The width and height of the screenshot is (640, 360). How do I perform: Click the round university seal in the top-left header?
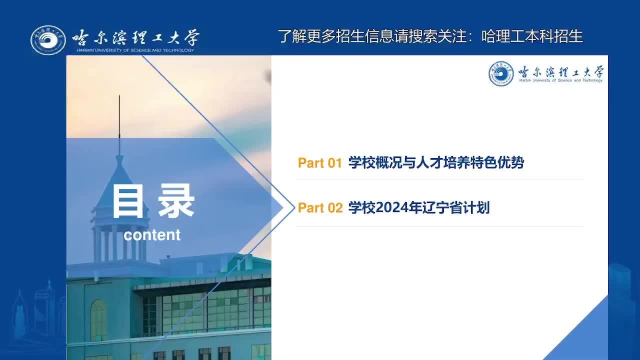(x=48, y=40)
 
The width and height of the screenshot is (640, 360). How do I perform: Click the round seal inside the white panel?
(x=501, y=73)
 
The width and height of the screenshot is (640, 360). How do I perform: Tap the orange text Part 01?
(x=319, y=163)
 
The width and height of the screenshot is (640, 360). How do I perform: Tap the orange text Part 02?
(x=320, y=207)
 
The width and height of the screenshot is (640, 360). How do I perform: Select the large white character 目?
(x=127, y=201)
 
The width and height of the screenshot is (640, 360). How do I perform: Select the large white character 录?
(x=176, y=201)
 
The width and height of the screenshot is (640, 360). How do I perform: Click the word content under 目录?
(x=152, y=235)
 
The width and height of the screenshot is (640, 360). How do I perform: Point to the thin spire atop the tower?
(x=119, y=125)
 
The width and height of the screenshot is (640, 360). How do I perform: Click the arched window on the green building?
(x=98, y=320)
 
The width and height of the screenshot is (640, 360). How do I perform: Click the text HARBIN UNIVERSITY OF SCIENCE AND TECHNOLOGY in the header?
(x=135, y=50)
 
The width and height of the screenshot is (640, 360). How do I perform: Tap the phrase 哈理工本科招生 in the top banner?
(x=532, y=36)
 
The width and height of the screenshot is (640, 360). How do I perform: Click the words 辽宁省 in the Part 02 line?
(x=442, y=207)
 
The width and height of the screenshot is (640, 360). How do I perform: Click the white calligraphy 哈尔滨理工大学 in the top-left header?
(x=135, y=37)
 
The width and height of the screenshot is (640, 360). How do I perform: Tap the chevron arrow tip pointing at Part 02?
(x=294, y=207)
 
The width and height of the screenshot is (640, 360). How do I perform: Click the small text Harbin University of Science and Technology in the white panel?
(x=561, y=80)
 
